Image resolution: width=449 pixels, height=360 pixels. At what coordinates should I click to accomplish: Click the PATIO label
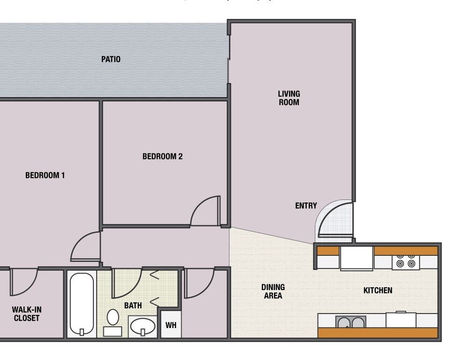pos(111,59)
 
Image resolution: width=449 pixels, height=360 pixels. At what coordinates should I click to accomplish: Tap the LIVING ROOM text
pos(289,98)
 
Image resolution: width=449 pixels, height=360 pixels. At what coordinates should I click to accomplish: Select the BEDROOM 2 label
pos(162,156)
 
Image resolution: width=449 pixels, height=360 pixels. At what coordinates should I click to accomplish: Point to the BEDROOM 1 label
pos(45,176)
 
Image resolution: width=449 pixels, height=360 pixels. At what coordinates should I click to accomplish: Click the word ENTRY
pos(306,206)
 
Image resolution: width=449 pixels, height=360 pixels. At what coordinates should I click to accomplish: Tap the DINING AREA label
pos(273,291)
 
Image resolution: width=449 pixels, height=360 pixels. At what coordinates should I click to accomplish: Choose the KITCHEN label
pos(378,291)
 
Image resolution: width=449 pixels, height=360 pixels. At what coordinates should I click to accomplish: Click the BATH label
pos(133,306)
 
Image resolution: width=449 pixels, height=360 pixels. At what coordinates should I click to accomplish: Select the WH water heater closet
pos(171,324)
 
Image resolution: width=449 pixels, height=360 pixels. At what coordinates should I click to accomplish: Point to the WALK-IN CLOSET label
pos(27,314)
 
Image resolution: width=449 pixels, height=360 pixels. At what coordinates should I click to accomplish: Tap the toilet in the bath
pos(113,322)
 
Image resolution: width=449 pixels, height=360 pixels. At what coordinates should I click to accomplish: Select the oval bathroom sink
pos(143,326)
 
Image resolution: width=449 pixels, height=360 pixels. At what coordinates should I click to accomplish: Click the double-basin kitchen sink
pos(350,322)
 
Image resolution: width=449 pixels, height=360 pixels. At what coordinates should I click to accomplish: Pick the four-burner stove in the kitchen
pos(406,263)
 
